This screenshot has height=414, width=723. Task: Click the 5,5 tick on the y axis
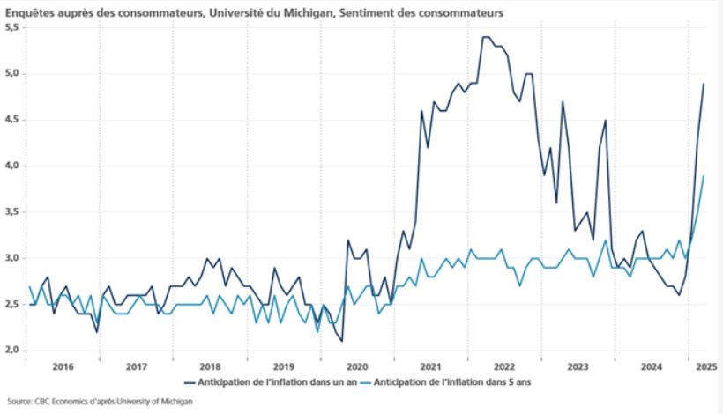11,27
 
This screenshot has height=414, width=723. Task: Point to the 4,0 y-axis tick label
11,166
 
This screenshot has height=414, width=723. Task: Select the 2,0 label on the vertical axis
11,350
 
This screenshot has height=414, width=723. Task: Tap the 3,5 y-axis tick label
11,211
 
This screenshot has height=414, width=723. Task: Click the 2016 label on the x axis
62,366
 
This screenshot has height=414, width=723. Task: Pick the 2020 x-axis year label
357,366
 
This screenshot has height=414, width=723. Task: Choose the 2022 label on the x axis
504,366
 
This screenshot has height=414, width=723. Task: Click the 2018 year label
210,366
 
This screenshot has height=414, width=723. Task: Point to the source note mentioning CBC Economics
99,401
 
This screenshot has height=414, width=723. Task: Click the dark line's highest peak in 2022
486,37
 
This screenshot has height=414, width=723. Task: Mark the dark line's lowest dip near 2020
341,341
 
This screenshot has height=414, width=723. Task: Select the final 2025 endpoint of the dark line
704,84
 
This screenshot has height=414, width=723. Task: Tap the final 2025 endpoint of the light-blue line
704,175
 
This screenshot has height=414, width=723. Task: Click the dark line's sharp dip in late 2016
97,331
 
